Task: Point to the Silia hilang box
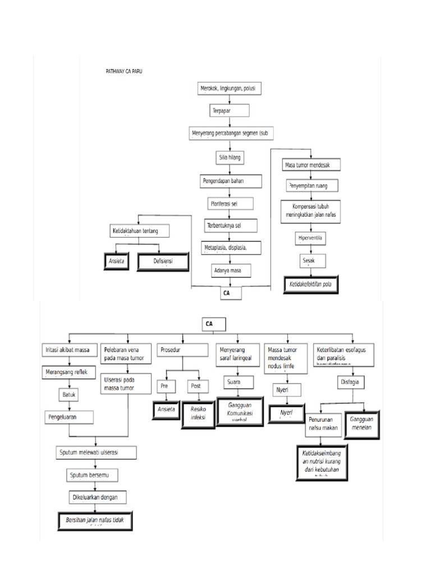[x=229, y=158]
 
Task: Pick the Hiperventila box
[x=310, y=238]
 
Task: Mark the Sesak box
[x=310, y=261]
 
